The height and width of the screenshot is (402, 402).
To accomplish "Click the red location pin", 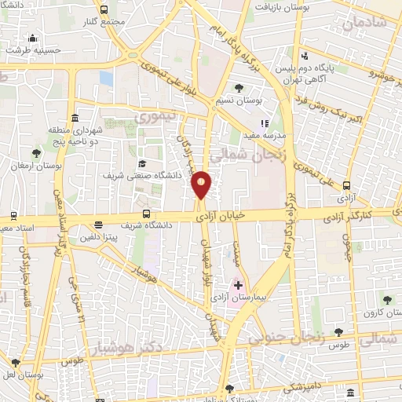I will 201,185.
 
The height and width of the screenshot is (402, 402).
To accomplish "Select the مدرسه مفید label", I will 257,135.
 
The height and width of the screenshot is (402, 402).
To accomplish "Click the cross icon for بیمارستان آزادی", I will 238,284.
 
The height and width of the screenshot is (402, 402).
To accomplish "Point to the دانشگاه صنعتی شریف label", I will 144,177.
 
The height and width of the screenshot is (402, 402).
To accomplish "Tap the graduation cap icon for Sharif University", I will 143,163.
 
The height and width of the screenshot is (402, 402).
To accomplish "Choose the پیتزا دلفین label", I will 97,236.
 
